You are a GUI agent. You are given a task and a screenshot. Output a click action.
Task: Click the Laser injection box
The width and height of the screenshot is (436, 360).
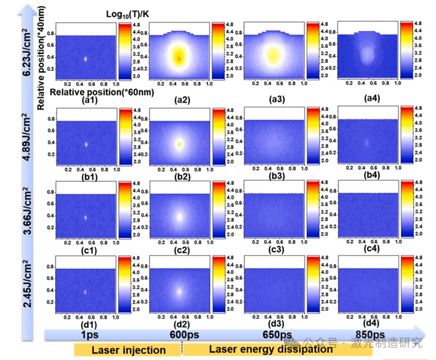click(128, 350)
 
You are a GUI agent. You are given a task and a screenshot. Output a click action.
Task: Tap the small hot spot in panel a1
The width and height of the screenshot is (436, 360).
click(85, 59)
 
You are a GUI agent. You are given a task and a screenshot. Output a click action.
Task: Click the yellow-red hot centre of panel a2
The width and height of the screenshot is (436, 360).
click(179, 58)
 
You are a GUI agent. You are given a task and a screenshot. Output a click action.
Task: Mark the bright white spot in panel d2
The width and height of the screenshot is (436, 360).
click(179, 291)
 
